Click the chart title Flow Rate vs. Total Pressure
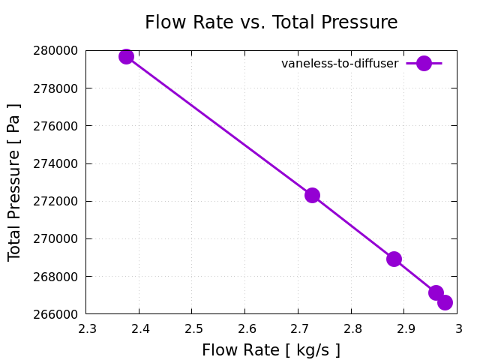pyautogui.click(x=271, y=22)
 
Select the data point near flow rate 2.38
pyautogui.click(x=126, y=57)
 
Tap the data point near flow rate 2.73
pyautogui.click(x=312, y=195)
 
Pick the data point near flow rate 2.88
pyautogui.click(x=394, y=259)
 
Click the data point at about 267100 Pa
pyautogui.click(x=436, y=292)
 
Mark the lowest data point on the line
pyautogui.click(x=445, y=302)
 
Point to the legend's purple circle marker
pyautogui.click(x=424, y=64)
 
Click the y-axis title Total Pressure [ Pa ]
pyautogui.click(x=14, y=182)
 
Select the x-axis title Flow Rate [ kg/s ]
pyautogui.click(x=271, y=350)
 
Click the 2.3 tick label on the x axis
pyautogui.click(x=87, y=328)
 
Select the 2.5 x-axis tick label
pyautogui.click(x=192, y=328)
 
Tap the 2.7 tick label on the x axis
pyautogui.click(x=298, y=328)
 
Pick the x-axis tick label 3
pyautogui.click(x=457, y=328)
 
